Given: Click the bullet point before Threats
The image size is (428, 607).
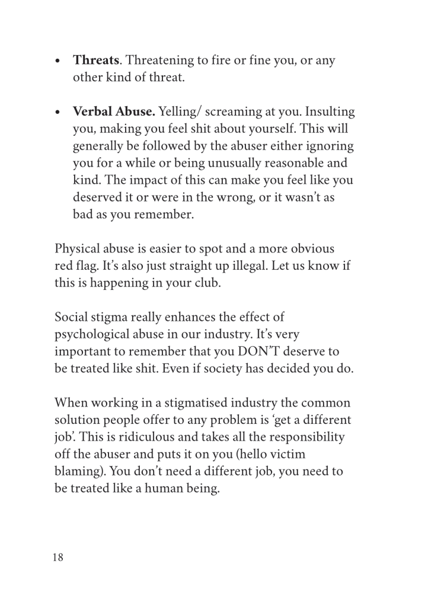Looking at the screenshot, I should (x=58, y=61).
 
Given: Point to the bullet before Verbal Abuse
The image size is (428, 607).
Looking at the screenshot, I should (x=58, y=113).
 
